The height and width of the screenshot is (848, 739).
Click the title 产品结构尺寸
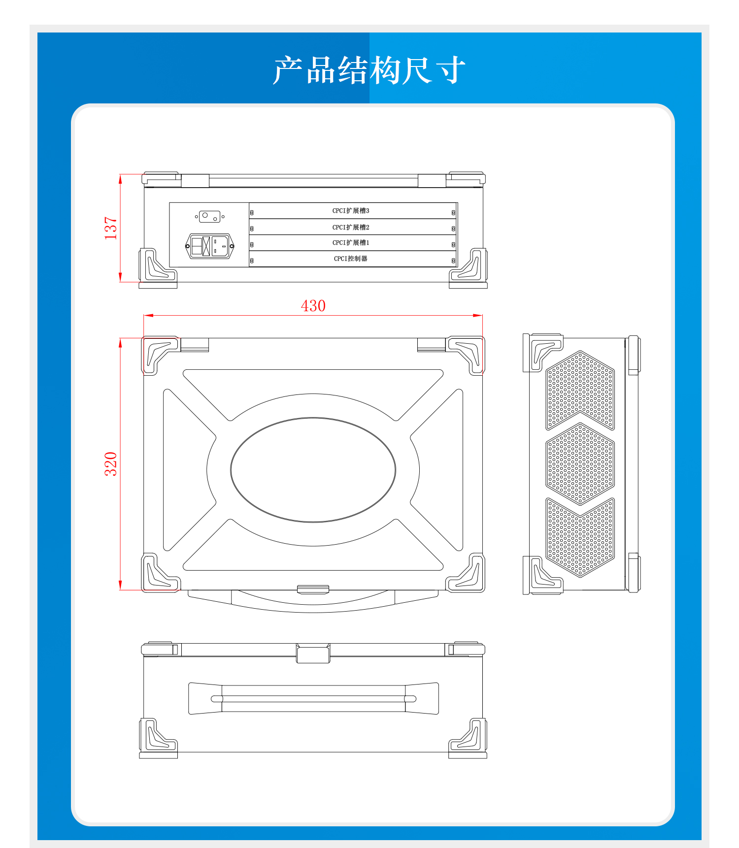pos(369,70)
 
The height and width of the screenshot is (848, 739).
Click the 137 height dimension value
pos(111,228)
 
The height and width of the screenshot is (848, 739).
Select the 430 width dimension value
pos(313,306)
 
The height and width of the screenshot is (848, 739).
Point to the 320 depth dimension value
pos(111,463)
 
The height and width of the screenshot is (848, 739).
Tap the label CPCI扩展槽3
pos(351,211)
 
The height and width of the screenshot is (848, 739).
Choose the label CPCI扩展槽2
pos(351,227)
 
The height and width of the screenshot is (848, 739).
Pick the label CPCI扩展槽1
pos(351,243)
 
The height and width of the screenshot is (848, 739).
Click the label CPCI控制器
pos(351,259)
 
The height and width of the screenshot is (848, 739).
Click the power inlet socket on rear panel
pos(209,246)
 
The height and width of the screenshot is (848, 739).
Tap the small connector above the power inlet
pos(209,216)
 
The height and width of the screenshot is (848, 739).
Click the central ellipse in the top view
pos(313,470)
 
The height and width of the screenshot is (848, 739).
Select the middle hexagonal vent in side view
pos(580,464)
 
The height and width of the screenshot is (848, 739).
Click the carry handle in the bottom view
pos(313,698)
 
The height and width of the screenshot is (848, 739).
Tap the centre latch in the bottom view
pos(313,653)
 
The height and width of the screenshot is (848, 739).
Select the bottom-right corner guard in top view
pos(466,573)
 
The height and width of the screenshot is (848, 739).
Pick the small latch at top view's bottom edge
pos(313,589)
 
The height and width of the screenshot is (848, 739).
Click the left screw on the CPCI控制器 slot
pos(252,261)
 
